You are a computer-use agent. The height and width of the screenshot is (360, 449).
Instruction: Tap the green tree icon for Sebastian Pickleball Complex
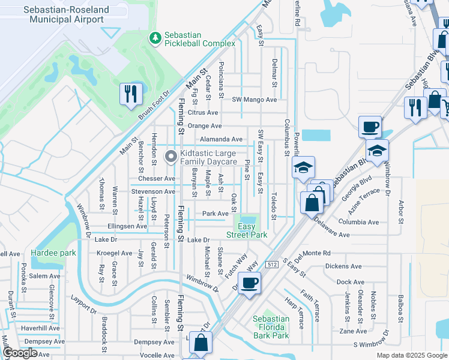click(x=155, y=38)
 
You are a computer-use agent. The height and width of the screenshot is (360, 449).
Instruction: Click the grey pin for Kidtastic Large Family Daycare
click(x=171, y=157)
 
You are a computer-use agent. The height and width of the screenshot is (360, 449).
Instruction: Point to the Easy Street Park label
click(x=252, y=230)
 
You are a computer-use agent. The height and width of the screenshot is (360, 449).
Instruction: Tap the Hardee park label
click(x=54, y=253)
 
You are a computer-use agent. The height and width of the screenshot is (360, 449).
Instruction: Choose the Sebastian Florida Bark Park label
click(x=271, y=327)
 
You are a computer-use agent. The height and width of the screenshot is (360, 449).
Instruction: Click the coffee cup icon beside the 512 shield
click(x=250, y=283)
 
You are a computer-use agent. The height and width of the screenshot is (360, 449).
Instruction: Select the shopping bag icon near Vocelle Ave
click(x=201, y=344)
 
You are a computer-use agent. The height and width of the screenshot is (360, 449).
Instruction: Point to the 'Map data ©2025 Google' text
click(x=412, y=355)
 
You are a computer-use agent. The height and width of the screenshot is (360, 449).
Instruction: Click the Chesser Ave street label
click(x=156, y=179)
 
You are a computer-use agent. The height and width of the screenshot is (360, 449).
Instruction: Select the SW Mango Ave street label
click(x=255, y=100)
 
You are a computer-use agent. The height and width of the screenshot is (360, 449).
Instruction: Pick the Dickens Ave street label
click(x=343, y=266)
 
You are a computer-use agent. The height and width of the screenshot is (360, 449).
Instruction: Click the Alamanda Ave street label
click(x=221, y=139)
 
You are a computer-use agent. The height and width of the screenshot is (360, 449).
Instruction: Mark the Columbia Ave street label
click(x=358, y=222)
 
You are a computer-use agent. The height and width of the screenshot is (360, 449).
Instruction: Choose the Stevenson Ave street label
click(x=153, y=192)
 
